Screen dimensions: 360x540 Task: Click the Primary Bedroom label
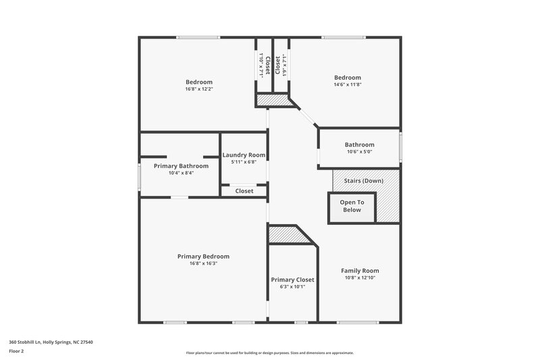click(203, 257)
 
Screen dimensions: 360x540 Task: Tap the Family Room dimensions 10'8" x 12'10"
click(359, 278)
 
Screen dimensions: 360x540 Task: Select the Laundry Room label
click(244, 155)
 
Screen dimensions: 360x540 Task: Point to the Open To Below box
click(352, 206)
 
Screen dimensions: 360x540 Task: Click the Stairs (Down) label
click(363, 181)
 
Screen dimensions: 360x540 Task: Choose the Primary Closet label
click(292, 280)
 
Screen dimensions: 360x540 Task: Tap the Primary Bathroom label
click(181, 165)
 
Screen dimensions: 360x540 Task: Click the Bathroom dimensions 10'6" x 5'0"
click(359, 152)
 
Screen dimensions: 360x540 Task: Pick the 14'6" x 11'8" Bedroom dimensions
click(347, 84)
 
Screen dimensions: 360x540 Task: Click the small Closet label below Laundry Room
click(244, 191)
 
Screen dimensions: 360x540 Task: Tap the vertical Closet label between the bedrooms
click(268, 65)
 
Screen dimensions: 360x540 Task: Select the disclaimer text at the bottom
click(269, 353)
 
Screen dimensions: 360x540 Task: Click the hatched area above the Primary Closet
click(286, 235)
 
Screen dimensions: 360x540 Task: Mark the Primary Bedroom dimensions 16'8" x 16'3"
click(203, 264)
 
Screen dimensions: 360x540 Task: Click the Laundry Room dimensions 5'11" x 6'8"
click(244, 162)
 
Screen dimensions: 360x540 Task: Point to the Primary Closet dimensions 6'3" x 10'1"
click(292, 286)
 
